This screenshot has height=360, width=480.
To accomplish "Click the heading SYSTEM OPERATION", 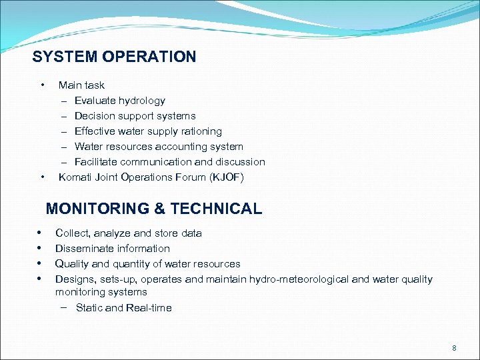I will (x=114, y=57).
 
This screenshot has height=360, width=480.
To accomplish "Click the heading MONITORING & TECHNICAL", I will (x=154, y=209).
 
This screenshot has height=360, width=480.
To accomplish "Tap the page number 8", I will (x=454, y=348).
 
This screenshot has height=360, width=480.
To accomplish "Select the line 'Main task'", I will (x=81, y=85).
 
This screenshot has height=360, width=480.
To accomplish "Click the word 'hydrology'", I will (x=142, y=101).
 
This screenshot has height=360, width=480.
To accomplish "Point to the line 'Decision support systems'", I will (x=135, y=116).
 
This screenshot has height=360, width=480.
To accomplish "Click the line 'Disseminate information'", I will (x=112, y=249).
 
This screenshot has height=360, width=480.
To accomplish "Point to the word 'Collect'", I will (x=72, y=233).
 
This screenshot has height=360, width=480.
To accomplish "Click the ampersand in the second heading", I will (x=160, y=209).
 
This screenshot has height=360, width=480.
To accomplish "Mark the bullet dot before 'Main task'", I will (x=43, y=85).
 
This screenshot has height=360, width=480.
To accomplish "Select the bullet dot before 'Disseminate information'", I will (x=41, y=248).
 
